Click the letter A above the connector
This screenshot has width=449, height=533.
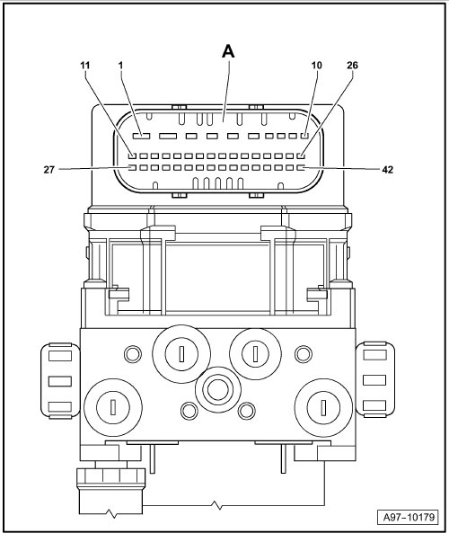click(228, 51)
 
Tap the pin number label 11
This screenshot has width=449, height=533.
click(85, 66)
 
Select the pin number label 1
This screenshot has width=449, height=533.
click(120, 66)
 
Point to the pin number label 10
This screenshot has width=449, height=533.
click(316, 66)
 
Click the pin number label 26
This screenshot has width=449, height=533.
click(353, 66)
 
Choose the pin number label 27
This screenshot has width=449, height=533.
click(48, 169)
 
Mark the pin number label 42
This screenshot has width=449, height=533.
click(388, 169)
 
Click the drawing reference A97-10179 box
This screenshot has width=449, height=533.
click(409, 518)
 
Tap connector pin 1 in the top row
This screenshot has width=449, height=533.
click(141, 136)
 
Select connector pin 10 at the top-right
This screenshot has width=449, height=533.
click(304, 136)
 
